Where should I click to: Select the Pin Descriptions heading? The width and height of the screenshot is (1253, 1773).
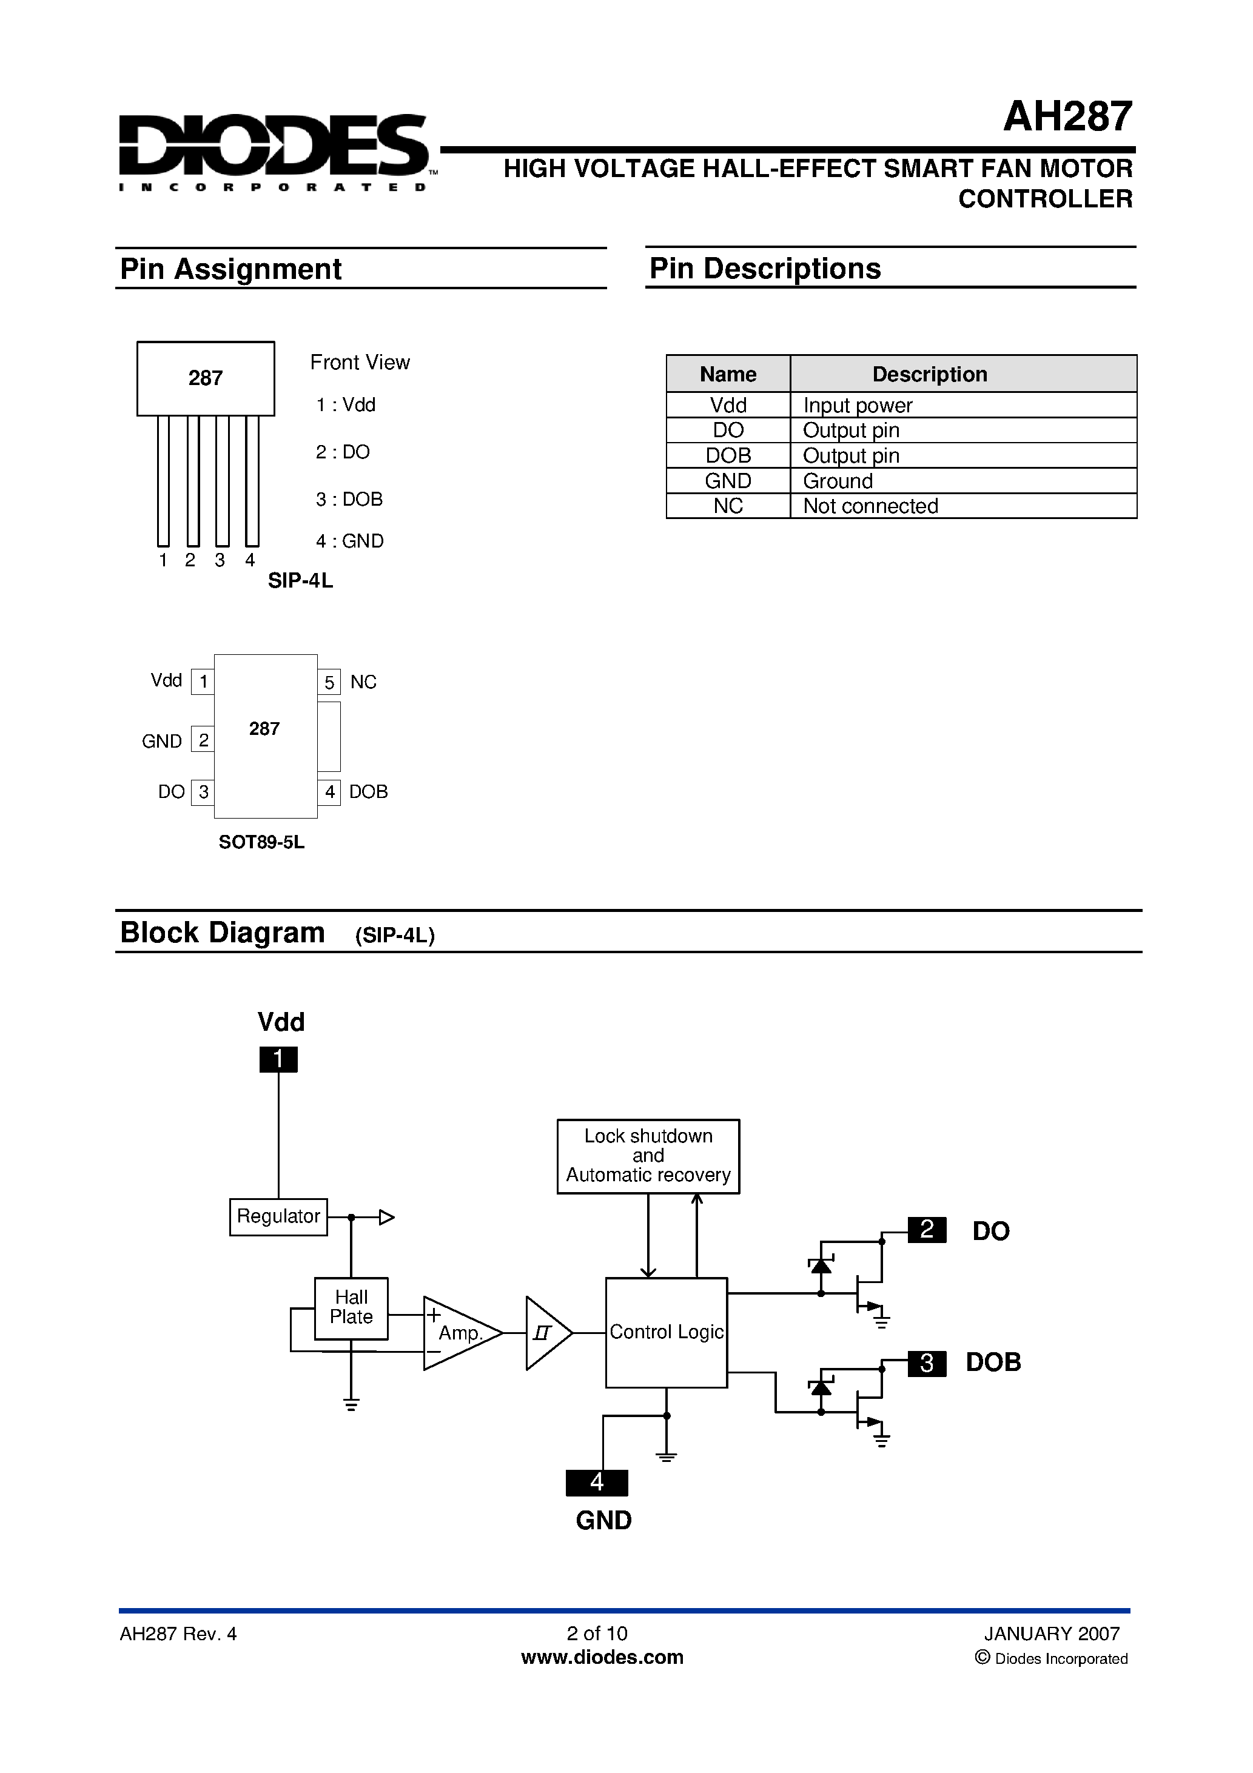click(765, 269)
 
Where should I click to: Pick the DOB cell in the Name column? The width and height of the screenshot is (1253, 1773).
click(728, 455)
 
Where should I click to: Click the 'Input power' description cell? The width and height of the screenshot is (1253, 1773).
click(858, 406)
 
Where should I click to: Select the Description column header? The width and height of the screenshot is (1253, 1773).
click(929, 375)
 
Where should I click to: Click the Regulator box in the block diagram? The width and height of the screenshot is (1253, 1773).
click(278, 1216)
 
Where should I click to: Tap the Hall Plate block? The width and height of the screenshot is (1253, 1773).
click(351, 1307)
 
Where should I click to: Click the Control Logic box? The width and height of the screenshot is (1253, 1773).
click(666, 1332)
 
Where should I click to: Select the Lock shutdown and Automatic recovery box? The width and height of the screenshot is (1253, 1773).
click(648, 1156)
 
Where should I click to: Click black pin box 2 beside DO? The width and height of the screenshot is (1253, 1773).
click(927, 1228)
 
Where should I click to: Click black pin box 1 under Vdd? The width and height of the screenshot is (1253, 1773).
click(278, 1059)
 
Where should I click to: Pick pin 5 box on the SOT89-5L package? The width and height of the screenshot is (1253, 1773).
click(329, 683)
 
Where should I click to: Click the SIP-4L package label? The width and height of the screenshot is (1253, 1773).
click(300, 581)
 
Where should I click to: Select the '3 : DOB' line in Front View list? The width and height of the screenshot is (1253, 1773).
click(349, 500)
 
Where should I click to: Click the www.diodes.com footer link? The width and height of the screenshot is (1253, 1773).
click(602, 1657)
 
